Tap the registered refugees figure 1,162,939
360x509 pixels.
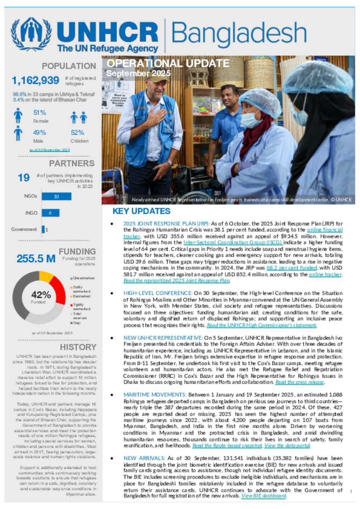pos(36,80)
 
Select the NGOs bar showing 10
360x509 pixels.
pos(56,196)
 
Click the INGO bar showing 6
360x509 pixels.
pos(50,213)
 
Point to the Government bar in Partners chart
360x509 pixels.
pos(43,229)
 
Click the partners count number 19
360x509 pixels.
pos(24,178)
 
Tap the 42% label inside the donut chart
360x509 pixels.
pos(41,295)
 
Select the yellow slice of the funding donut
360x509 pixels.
pos(46,276)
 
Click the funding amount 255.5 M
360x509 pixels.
pos(36,259)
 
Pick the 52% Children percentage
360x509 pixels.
pos(77,133)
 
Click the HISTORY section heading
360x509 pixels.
pos(78,347)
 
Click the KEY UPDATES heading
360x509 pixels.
pos(141,211)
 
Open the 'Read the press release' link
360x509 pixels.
pos(300,382)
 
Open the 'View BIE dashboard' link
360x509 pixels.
pos(264,496)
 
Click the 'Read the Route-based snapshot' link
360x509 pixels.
pos(227,445)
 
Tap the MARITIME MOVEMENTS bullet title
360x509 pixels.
pos(155,395)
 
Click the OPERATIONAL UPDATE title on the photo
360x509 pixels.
pos(168,63)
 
